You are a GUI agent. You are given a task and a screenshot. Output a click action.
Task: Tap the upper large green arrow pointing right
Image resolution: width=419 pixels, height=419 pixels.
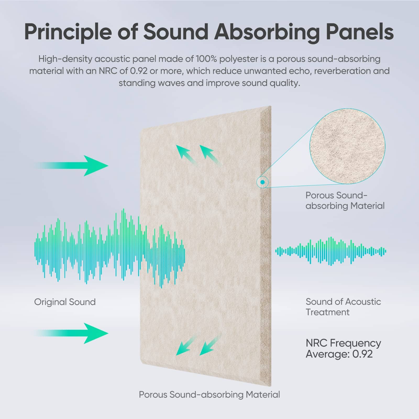point(71,166)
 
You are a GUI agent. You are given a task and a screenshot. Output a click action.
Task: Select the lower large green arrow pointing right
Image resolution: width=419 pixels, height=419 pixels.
point(71,333)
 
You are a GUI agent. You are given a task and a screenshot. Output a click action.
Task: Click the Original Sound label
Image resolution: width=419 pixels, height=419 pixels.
point(65,302)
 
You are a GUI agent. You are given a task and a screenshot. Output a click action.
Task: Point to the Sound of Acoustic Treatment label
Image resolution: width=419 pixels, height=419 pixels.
point(343,307)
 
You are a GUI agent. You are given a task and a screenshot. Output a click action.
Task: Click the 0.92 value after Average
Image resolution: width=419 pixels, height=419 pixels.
point(363,354)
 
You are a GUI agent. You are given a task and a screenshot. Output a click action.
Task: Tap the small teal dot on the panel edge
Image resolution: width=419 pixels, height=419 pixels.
point(262,182)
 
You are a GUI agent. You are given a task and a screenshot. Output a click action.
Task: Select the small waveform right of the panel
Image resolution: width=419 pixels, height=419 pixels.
point(331,251)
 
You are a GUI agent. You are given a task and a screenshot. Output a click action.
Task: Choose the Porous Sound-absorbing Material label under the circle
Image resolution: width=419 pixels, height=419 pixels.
point(345,201)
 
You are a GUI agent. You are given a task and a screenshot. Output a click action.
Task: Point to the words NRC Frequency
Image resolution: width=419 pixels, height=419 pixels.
point(343,343)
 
